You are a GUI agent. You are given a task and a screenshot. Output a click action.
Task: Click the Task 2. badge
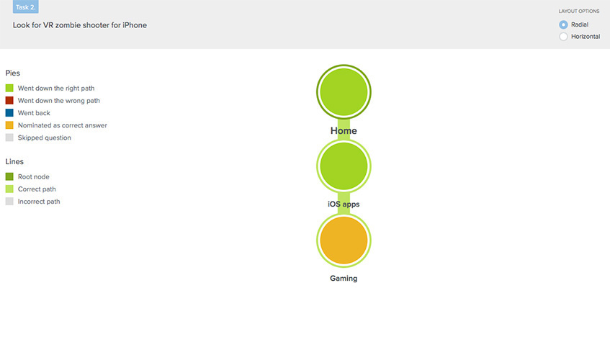[x=26, y=6]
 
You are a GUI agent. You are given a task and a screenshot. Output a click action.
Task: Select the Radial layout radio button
[x=563, y=24]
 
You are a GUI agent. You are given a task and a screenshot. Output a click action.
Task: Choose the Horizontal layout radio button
[x=563, y=37]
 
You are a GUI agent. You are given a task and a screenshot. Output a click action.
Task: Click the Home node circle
[x=344, y=91]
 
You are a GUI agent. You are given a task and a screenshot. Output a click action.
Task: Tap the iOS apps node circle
[x=344, y=166]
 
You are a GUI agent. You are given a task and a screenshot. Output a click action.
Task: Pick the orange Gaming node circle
[x=344, y=240]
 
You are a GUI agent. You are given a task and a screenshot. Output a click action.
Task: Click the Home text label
[x=344, y=130]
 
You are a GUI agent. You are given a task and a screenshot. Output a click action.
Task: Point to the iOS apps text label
[x=344, y=204]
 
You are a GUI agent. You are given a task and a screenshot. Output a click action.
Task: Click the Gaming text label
[x=344, y=279]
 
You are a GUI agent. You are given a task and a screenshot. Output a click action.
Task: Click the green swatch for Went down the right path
[x=9, y=89]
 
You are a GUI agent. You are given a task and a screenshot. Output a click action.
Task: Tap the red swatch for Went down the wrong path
[x=9, y=100]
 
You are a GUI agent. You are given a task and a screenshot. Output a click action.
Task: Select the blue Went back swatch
[x=9, y=113]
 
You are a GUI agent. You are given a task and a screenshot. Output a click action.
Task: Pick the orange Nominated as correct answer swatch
[x=9, y=125]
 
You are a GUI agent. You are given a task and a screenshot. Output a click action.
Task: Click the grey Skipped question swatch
[x=9, y=138]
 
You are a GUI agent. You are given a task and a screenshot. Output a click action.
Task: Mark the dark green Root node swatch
[x=9, y=176]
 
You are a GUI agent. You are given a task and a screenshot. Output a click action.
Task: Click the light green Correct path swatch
[x=9, y=189]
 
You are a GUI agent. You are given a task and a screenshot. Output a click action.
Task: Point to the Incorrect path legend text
[x=39, y=202]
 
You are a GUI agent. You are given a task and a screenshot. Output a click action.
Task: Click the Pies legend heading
[x=12, y=73]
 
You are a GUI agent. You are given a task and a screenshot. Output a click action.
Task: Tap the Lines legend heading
[x=14, y=161]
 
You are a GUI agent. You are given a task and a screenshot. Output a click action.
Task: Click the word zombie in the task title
[x=68, y=25]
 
